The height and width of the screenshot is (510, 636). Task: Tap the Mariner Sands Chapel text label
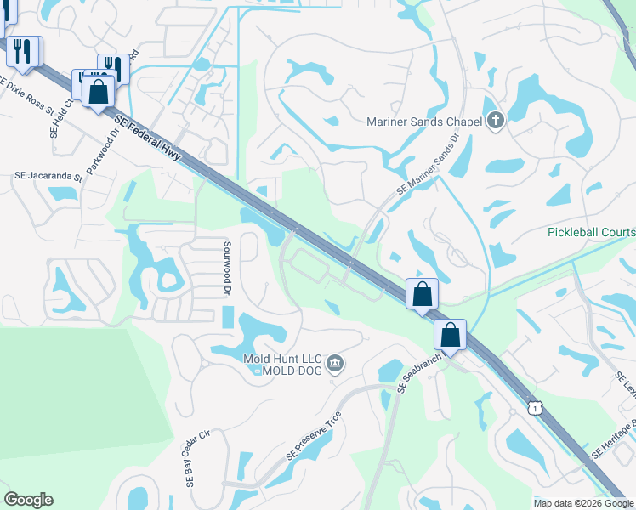click(423, 121)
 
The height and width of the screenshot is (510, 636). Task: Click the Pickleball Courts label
click(591, 232)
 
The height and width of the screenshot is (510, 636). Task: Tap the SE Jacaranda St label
click(48, 178)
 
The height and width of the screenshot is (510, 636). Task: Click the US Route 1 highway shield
click(534, 409)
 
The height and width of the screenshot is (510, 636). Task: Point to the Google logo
click(29, 500)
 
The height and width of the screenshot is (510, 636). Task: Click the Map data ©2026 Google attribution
click(583, 502)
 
